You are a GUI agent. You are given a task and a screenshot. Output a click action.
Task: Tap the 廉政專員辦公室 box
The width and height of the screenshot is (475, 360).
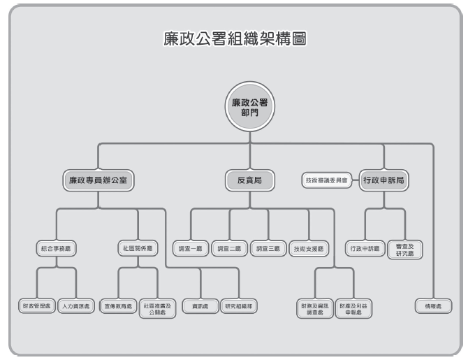pyautogui.click(x=98, y=180)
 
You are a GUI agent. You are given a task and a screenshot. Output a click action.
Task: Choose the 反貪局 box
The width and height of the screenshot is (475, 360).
pyautogui.click(x=249, y=180)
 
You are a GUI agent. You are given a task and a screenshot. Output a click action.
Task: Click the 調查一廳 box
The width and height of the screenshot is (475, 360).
pyautogui.click(x=190, y=248)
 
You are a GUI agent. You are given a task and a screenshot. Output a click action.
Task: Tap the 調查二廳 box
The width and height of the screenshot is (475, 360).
pyautogui.click(x=229, y=248)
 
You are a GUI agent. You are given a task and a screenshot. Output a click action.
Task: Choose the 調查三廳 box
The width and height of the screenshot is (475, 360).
pyautogui.click(x=268, y=248)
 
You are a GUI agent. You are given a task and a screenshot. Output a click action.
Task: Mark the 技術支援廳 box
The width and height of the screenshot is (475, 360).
pyautogui.click(x=308, y=248)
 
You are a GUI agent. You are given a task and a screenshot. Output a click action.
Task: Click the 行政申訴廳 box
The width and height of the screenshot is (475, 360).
pyautogui.click(x=365, y=248)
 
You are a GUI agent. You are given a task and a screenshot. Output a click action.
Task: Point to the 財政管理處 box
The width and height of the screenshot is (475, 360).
pyautogui.click(x=36, y=306)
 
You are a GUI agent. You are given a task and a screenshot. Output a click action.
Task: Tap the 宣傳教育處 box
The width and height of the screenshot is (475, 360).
pyautogui.click(x=117, y=306)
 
